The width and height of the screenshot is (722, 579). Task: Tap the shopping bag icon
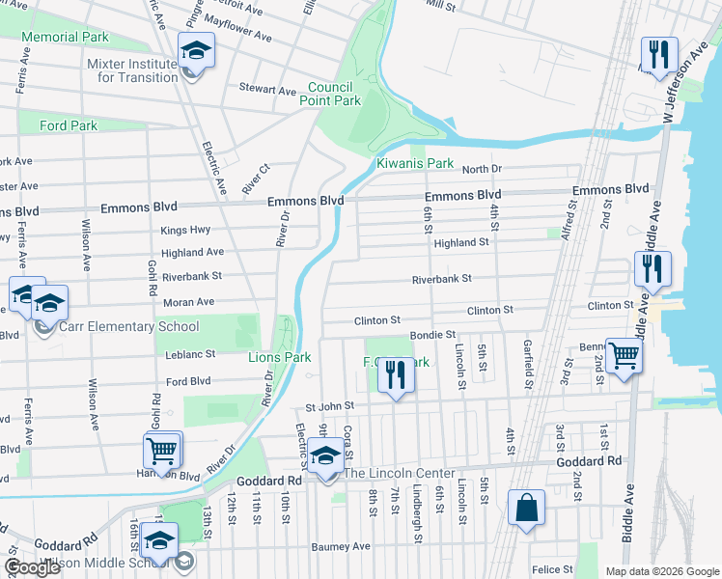(526, 509)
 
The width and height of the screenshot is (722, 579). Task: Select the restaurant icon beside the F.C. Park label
(394, 375)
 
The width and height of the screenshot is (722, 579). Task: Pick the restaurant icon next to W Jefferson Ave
(659, 55)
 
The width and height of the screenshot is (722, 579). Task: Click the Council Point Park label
(334, 94)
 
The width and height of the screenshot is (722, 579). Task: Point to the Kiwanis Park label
(415, 164)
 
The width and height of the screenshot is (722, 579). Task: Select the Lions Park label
(279, 357)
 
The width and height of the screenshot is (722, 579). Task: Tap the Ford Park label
(69, 125)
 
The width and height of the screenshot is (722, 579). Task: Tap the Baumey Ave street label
(341, 546)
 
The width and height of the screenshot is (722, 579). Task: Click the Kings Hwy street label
(185, 230)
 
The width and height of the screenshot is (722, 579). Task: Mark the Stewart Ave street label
(267, 91)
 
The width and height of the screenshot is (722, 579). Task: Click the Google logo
(32, 568)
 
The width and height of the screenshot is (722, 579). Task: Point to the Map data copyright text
(661, 571)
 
